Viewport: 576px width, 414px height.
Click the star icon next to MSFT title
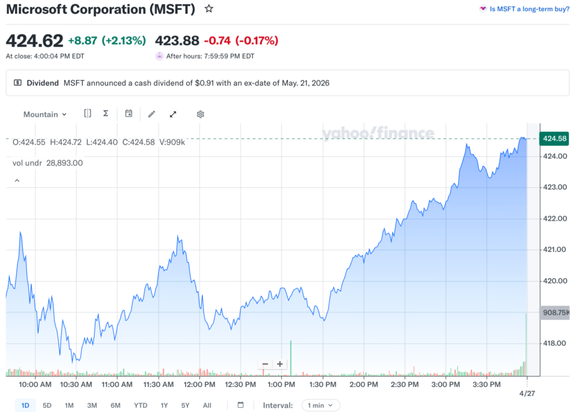pyautogui.click(x=209, y=8)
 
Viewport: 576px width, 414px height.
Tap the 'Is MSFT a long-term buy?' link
pyautogui.click(x=529, y=9)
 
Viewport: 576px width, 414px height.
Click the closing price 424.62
pyautogui.click(x=34, y=41)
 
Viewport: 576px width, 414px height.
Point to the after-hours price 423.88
pyautogui.click(x=177, y=41)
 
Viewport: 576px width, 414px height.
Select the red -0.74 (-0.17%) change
pyautogui.click(x=241, y=41)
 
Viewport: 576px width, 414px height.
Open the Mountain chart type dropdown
pyautogui.click(x=45, y=114)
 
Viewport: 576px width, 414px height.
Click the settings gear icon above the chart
pyautogui.click(x=200, y=114)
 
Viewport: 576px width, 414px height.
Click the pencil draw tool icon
pyautogui.click(x=151, y=114)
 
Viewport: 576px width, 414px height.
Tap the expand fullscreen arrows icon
pyautogui.click(x=173, y=114)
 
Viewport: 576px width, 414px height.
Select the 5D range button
pyautogui.click(x=47, y=405)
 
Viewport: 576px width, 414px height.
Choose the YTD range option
pyautogui.click(x=141, y=405)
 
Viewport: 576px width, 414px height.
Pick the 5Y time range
pyautogui.click(x=186, y=405)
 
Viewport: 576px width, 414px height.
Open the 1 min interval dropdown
pyautogui.click(x=321, y=405)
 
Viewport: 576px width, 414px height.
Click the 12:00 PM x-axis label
pyautogui.click(x=200, y=385)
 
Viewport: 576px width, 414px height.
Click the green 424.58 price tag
pyautogui.click(x=553, y=139)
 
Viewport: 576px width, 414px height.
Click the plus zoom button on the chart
pyautogui.click(x=280, y=364)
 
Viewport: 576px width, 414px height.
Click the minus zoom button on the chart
pyautogui.click(x=265, y=364)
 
